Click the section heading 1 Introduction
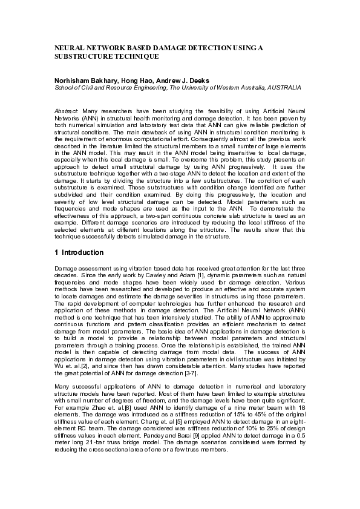point(79,252)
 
